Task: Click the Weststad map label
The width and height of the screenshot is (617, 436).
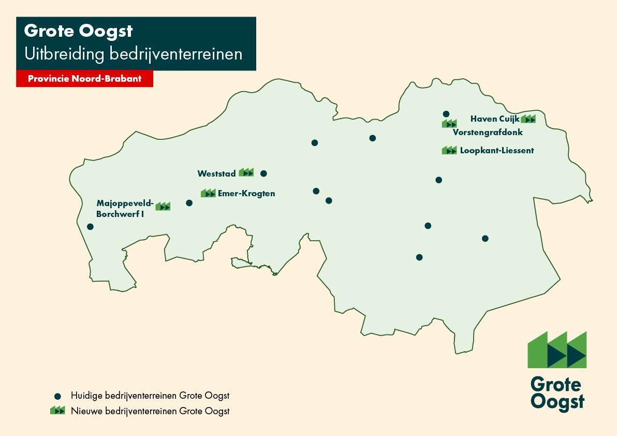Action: [216, 173]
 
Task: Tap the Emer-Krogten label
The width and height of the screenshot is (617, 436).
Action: [246, 194]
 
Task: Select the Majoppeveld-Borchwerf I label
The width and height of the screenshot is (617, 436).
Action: [125, 208]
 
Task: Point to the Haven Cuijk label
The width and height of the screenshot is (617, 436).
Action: [494, 119]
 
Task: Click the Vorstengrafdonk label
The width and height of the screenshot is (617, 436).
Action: [488, 132]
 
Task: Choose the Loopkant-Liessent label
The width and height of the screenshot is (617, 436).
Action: [497, 151]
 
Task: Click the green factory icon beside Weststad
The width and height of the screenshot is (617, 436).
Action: [246, 172]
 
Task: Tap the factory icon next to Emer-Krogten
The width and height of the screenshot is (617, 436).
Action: [208, 193]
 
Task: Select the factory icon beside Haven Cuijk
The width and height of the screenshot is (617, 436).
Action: [528, 119]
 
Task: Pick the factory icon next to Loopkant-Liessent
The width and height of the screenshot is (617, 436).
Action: [449, 150]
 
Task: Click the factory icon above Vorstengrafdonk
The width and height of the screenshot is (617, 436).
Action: [449, 123]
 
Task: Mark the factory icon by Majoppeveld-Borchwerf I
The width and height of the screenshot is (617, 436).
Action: [163, 206]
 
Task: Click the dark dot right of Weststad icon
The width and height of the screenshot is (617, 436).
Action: [263, 173]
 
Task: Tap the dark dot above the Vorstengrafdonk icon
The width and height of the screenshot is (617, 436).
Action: [446, 114]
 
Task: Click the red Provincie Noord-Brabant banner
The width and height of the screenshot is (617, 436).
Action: [84, 79]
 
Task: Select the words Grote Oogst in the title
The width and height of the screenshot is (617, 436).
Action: [78, 31]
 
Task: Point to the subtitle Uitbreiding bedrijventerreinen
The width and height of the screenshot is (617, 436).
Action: [133, 54]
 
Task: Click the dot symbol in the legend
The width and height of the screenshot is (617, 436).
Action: [58, 396]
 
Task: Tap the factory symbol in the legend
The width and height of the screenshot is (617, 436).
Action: [57, 411]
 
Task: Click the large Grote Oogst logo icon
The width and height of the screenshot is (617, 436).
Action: [557, 350]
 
